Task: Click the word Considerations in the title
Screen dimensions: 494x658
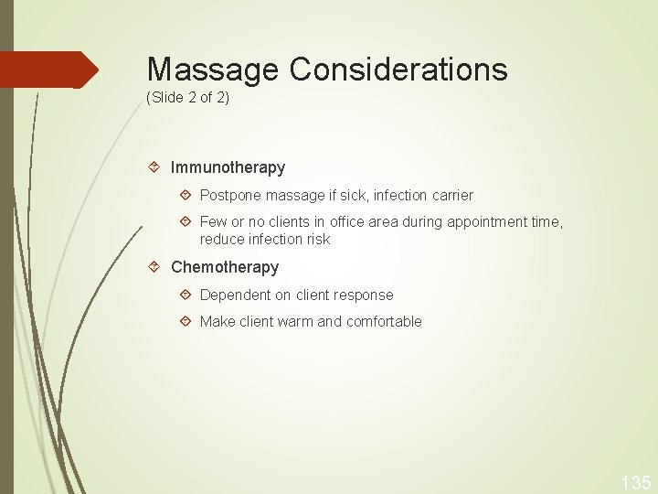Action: click(399, 70)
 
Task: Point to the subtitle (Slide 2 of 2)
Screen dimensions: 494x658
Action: click(187, 97)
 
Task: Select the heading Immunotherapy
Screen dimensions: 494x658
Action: click(228, 168)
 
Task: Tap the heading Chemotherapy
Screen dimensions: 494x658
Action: click(225, 268)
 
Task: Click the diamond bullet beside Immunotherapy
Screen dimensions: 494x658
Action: click(155, 167)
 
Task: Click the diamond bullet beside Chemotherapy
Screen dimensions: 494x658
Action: click(155, 267)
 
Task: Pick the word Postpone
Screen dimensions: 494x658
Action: click(230, 196)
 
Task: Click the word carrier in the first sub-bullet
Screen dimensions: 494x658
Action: click(449, 196)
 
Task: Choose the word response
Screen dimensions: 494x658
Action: click(364, 295)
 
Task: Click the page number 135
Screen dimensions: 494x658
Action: click(636, 482)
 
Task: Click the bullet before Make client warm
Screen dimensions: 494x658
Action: click(186, 321)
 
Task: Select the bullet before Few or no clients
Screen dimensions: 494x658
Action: click(186, 221)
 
